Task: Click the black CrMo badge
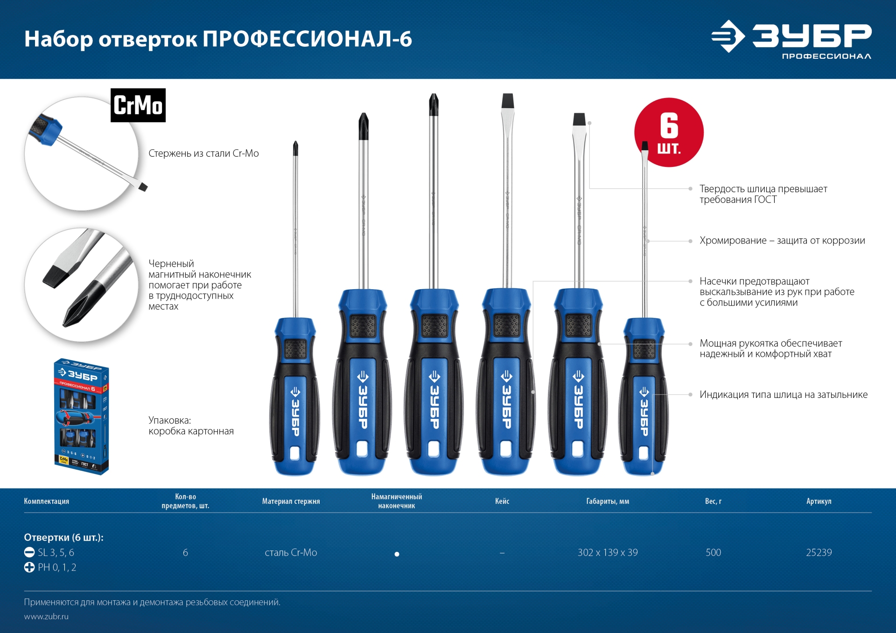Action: pos(138,105)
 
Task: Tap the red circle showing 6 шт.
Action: pos(669,132)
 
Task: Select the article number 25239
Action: pos(819,552)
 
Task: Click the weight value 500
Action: pos(713,552)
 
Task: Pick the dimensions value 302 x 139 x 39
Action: pos(608,552)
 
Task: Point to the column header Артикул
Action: pos(819,501)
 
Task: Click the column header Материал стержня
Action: pos(291,501)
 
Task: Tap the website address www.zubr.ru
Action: pos(46,616)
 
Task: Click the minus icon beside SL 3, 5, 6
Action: pos(29,552)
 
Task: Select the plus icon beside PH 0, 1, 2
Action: pos(29,567)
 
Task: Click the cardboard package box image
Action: pos(82,416)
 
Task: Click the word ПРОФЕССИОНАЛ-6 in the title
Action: pos(307,39)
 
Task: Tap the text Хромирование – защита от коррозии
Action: pos(782,241)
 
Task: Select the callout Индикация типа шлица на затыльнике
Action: pos(784,395)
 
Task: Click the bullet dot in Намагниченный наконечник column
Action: pos(397,554)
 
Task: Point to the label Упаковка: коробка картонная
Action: pos(191,425)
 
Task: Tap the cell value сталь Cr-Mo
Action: pos(291,552)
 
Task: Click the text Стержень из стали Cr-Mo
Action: pos(203,153)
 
